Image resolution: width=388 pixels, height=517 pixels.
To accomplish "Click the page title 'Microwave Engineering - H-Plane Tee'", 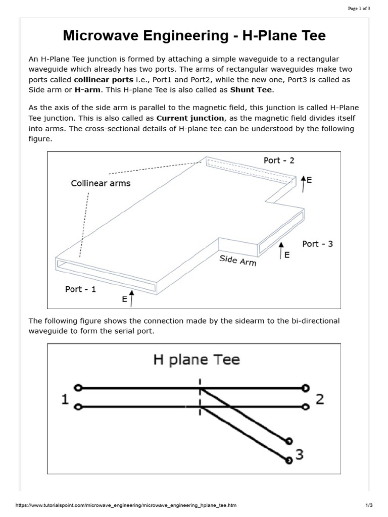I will point(194,36).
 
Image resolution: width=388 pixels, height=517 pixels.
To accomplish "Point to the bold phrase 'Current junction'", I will point(190,118).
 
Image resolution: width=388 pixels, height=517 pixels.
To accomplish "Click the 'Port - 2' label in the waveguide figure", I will point(279,161).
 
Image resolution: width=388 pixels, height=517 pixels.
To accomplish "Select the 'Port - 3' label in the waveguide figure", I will point(317,244).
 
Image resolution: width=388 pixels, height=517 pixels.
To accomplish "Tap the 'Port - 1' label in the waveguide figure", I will point(80,289).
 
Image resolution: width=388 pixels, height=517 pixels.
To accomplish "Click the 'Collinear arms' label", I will point(101,183).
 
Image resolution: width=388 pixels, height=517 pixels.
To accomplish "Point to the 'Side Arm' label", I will point(237,261).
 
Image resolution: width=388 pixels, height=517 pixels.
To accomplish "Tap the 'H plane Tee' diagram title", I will point(196,360).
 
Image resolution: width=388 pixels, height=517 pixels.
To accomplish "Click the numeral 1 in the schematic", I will point(65,399).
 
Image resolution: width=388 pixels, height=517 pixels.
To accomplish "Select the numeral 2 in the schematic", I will point(319,399).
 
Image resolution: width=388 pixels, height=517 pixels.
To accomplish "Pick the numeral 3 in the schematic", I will point(299,455).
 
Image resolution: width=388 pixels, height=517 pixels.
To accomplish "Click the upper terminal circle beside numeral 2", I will point(305,388).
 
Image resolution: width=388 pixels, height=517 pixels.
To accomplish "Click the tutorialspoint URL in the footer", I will point(126,505).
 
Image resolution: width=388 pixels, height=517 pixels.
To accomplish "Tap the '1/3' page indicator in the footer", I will point(368,505).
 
